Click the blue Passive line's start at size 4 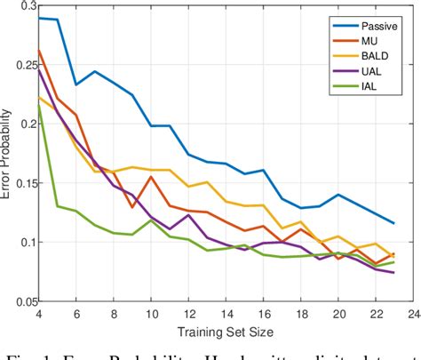(38, 17)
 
